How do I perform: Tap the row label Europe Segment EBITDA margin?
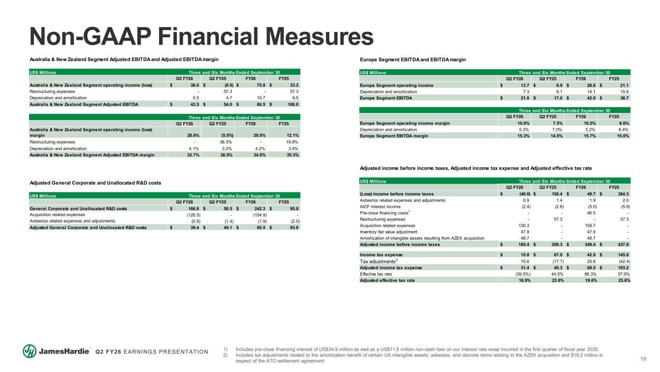click(394, 136)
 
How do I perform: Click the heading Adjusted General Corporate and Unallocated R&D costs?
click(95, 183)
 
